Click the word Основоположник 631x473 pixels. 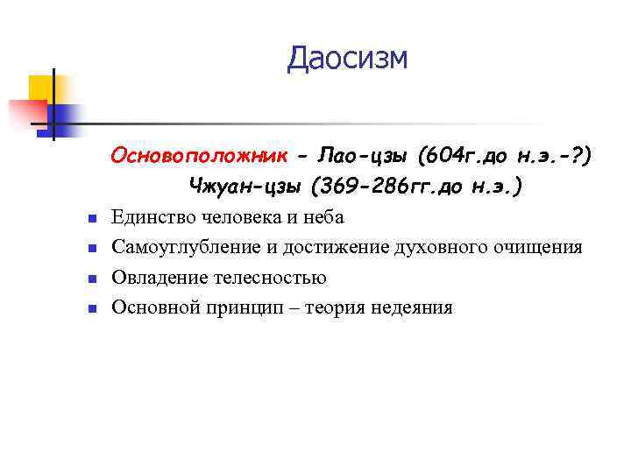coord(198,155)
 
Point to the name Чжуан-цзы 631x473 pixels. coord(238,185)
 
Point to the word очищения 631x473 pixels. coord(541,247)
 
